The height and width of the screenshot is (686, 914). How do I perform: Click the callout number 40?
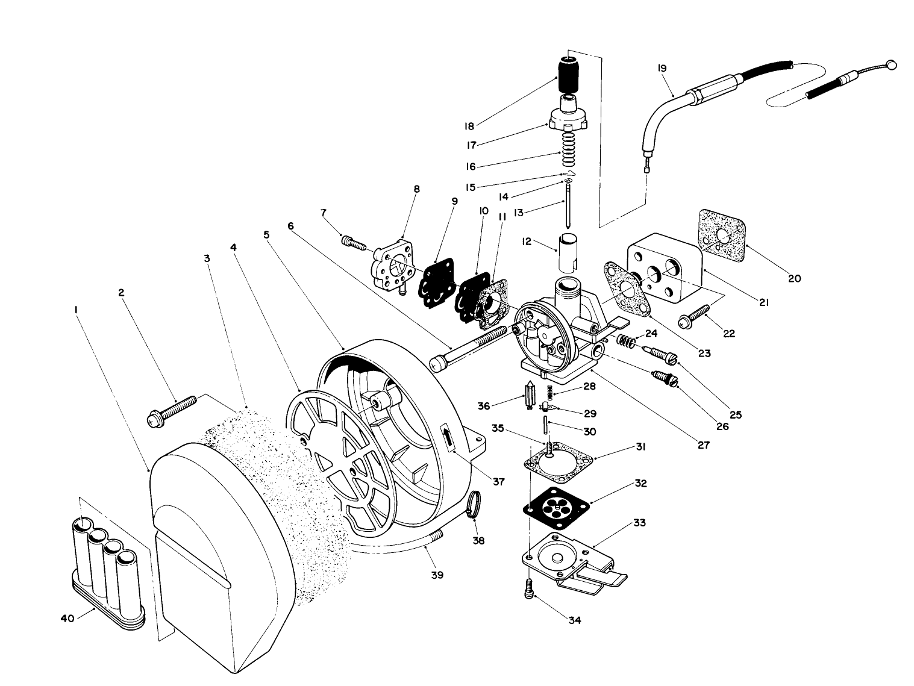click(x=67, y=618)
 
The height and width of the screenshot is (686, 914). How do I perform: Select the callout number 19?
click(x=662, y=69)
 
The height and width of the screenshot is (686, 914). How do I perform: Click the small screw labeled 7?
click(x=354, y=243)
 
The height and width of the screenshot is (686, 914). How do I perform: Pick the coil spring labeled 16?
click(x=569, y=150)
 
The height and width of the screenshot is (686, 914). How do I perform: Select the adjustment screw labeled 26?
click(x=665, y=378)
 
